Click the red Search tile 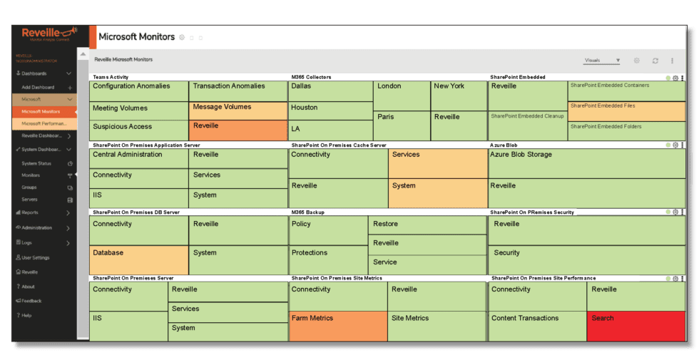[x=636, y=326]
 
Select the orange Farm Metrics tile [x=337, y=326]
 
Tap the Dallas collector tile [x=330, y=91]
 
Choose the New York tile [x=459, y=96]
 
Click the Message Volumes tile [x=238, y=110]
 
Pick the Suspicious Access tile [x=139, y=130]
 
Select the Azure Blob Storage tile [x=586, y=163]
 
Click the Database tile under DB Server [x=139, y=260]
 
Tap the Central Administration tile [x=139, y=158]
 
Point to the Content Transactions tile [x=536, y=326]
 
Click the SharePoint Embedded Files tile [x=626, y=111]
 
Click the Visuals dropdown [x=602, y=61]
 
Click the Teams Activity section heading [x=111, y=77]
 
